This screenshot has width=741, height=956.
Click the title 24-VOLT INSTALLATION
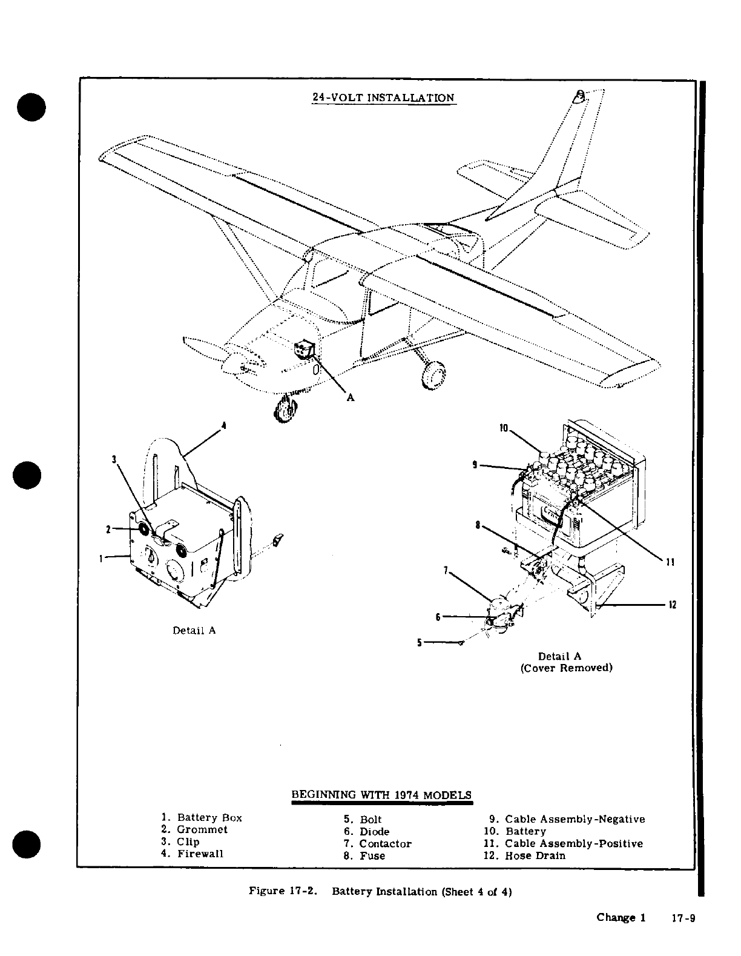(383, 98)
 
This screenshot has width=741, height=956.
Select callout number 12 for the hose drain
(673, 605)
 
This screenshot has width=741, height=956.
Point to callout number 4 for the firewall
(224, 425)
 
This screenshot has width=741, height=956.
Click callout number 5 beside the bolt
(419, 643)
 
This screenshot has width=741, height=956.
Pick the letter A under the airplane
(350, 397)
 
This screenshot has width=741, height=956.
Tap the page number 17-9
(683, 918)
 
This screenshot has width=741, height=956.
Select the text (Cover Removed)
(567, 668)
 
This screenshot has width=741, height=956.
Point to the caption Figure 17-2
(284, 891)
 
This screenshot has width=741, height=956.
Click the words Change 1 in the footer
(621, 917)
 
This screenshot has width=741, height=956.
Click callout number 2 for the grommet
(108, 529)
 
